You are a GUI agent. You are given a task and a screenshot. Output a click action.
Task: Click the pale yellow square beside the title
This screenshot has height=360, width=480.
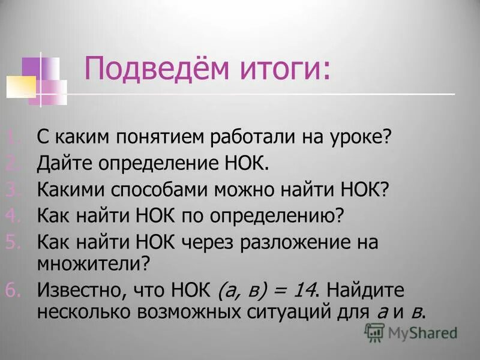(22, 86)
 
